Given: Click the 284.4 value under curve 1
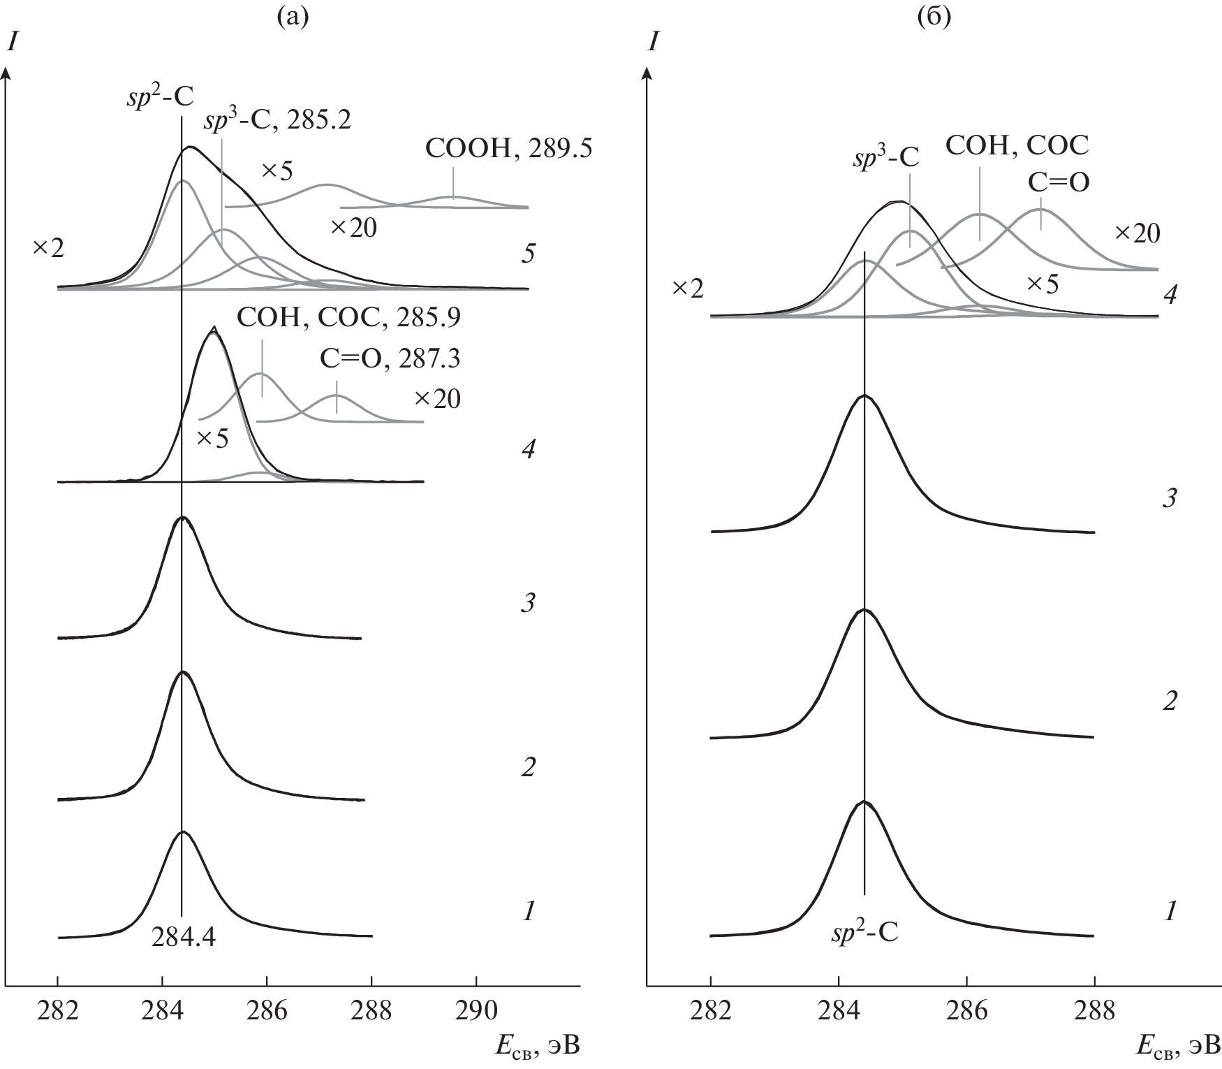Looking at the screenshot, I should (x=183, y=938).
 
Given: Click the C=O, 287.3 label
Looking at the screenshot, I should (x=390, y=358).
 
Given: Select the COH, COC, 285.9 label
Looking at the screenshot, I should (x=348, y=318).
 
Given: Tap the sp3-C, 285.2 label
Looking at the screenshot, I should (x=277, y=121).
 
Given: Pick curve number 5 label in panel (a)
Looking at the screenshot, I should (x=528, y=254).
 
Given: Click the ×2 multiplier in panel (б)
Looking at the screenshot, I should (x=687, y=288).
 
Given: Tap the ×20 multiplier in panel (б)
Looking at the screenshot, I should (x=1137, y=233).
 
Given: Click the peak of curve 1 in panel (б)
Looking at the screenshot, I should (x=864, y=801).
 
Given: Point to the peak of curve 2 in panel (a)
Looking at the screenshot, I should (x=182, y=672).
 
